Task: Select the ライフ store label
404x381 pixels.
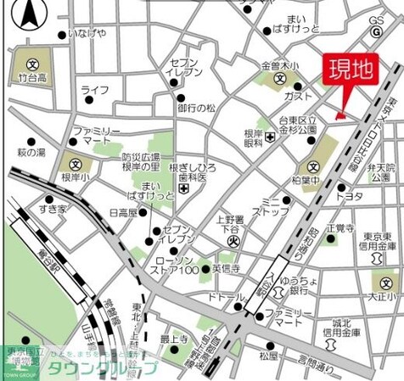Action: click(x=94, y=89)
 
